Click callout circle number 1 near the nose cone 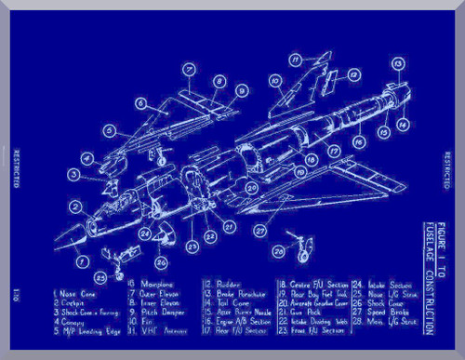click(x=83, y=261)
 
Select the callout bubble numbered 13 click(x=397, y=64)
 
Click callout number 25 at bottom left click(x=100, y=275)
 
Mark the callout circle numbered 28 click(x=276, y=252)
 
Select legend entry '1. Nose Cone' click(x=74, y=293)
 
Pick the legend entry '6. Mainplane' click(x=149, y=283)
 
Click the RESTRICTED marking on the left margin click(x=16, y=167)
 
